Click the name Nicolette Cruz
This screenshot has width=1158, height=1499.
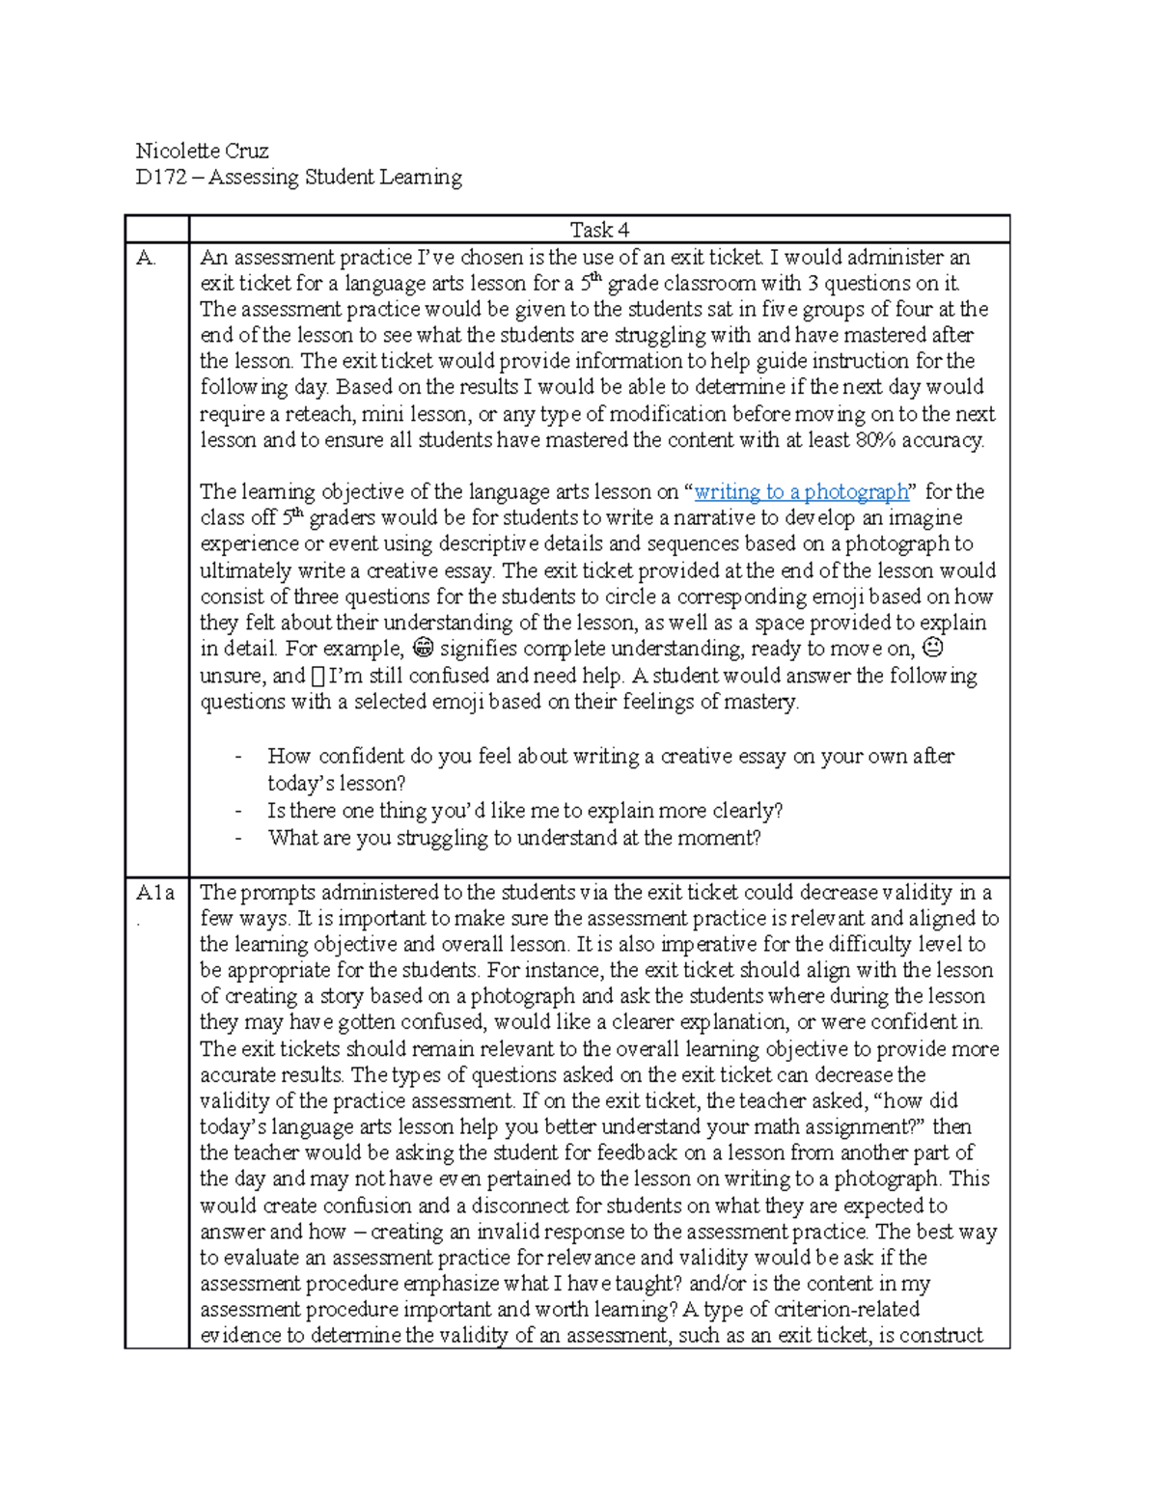(202, 151)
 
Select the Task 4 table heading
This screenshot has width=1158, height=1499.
(599, 230)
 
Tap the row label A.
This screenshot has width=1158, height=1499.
(146, 258)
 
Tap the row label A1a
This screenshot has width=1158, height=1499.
(154, 893)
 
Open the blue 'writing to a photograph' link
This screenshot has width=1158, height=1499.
(801, 491)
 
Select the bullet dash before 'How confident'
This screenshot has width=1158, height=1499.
(238, 757)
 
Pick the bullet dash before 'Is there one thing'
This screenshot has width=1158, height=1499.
(238, 811)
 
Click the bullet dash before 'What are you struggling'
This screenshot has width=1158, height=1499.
(238, 838)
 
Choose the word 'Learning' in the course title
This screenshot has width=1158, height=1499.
(420, 177)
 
